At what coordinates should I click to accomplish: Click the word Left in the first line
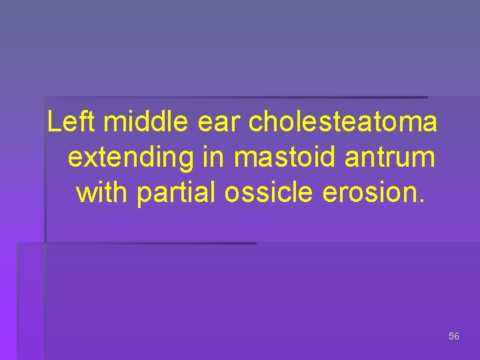point(72,123)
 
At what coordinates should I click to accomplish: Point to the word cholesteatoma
point(343,123)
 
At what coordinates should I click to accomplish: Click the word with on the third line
point(103,192)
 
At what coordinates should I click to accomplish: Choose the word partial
point(177,192)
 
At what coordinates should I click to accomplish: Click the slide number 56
point(454,337)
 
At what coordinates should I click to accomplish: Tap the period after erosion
point(419,199)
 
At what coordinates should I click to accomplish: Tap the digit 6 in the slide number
point(457,337)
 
